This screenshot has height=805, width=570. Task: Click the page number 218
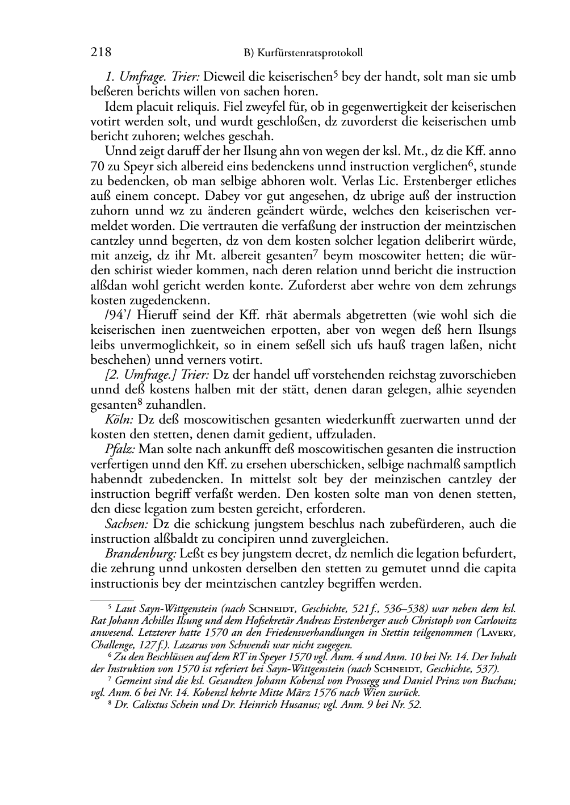(100, 53)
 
